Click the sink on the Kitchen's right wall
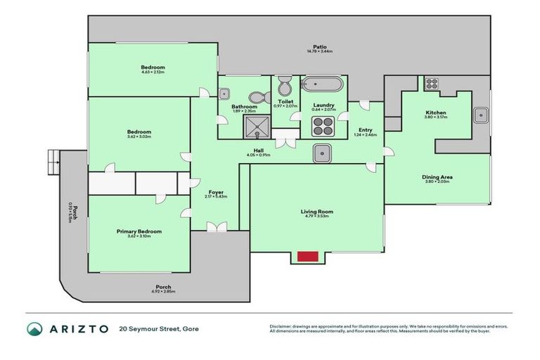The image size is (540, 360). click(x=481, y=114)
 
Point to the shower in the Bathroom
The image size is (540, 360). click(x=256, y=127)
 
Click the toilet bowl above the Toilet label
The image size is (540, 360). click(x=285, y=87)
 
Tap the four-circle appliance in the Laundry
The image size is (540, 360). click(x=323, y=127)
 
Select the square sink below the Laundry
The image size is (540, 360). click(x=323, y=153)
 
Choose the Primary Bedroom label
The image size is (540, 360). click(x=139, y=231)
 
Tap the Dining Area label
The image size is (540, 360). click(x=436, y=176)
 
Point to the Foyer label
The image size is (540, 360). click(x=216, y=191)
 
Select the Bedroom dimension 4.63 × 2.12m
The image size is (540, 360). click(x=153, y=72)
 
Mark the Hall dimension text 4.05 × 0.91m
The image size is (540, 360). click(x=259, y=155)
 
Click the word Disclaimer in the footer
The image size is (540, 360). click(x=283, y=326)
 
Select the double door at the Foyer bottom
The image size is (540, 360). click(x=217, y=227)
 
